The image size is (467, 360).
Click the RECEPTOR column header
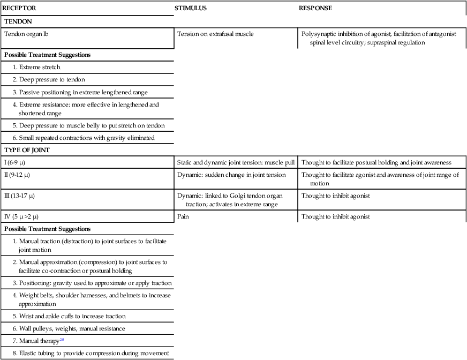pyautogui.click(x=20, y=9)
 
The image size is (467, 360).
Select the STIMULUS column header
pyautogui.click(x=191, y=9)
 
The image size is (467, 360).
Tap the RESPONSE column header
pyautogui.click(x=315, y=9)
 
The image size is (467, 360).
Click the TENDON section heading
pyautogui.click(x=18, y=21)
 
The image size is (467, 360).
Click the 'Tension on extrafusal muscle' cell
pyautogui.click(x=215, y=34)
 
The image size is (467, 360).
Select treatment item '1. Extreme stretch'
pyautogui.click(x=36, y=67)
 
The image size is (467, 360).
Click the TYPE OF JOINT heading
pyautogui.click(x=27, y=150)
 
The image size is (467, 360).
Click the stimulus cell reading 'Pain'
pyautogui.click(x=183, y=216)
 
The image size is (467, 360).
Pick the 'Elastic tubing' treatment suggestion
pyautogui.click(x=91, y=353)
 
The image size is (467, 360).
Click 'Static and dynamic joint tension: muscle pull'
pyautogui.click(x=236, y=162)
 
